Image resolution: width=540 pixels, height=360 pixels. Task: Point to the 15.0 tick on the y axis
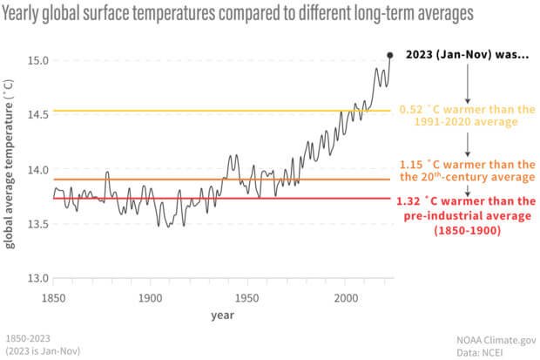tap(35, 60)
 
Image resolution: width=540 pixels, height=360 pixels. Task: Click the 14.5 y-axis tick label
tap(35, 115)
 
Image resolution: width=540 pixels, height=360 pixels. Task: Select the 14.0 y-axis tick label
tap(35, 169)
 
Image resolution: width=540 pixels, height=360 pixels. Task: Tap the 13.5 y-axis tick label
tap(35, 224)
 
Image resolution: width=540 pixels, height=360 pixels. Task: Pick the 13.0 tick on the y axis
tap(35, 279)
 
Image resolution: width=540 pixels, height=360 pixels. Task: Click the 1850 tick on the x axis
tap(53, 296)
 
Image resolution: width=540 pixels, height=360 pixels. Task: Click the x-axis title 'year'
tap(220, 315)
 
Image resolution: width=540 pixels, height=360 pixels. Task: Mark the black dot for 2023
tap(389, 54)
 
